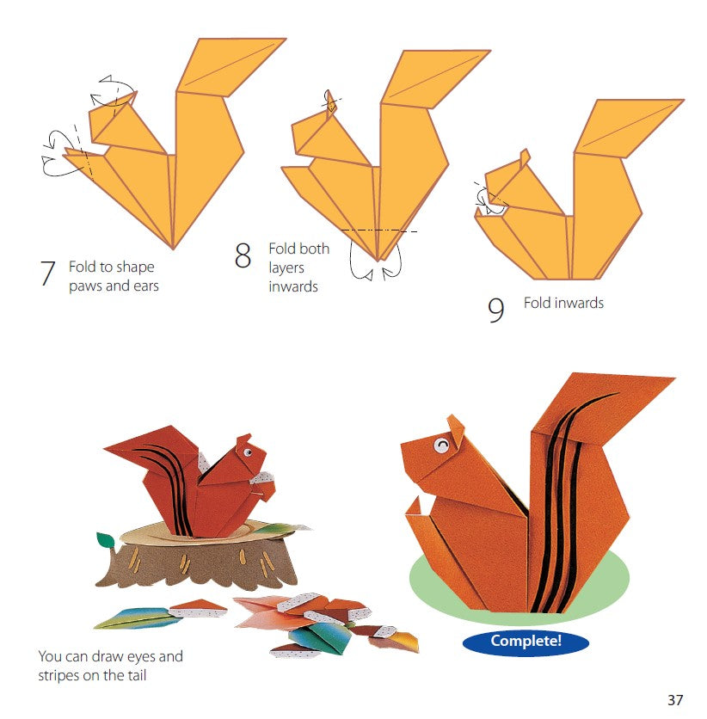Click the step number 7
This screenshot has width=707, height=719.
pyautogui.click(x=48, y=273)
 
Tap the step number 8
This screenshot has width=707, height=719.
pyautogui.click(x=243, y=255)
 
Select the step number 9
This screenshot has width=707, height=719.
pyautogui.click(x=495, y=310)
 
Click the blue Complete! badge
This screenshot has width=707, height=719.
pyautogui.click(x=526, y=641)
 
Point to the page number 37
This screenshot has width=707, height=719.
pyautogui.click(x=674, y=699)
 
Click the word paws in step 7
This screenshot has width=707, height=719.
pyautogui.click(x=85, y=286)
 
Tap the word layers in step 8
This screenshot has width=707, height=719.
pyautogui.click(x=286, y=267)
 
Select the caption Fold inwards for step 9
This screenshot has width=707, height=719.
pyautogui.click(x=563, y=303)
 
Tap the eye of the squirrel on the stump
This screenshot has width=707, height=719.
pyautogui.click(x=246, y=452)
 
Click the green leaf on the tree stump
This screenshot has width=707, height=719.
pyautogui.click(x=106, y=541)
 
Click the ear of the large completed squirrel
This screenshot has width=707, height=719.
pyautogui.click(x=457, y=424)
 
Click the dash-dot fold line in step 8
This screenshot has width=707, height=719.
pyautogui.click(x=378, y=230)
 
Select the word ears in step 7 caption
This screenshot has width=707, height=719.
pyautogui.click(x=144, y=286)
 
